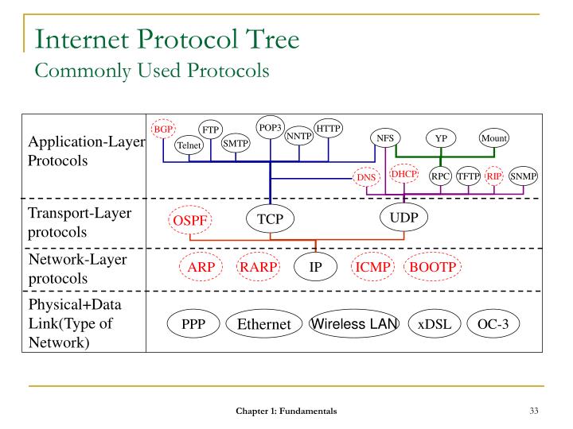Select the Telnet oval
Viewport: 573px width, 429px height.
click(189, 145)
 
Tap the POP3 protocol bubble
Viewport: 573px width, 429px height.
click(270, 127)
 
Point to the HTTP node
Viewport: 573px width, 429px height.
click(328, 128)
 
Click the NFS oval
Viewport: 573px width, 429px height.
click(385, 138)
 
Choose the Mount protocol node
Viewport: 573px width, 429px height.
click(493, 138)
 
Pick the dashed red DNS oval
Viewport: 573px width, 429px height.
click(366, 177)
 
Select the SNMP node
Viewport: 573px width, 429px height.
click(523, 176)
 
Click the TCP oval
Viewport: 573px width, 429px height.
click(271, 218)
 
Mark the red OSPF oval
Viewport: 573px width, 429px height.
click(189, 219)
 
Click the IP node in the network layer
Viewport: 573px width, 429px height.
click(316, 267)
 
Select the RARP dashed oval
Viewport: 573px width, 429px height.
click(259, 267)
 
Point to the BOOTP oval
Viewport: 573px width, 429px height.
click(432, 267)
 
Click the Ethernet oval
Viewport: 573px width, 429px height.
click(263, 323)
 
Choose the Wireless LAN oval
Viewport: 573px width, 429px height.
click(354, 323)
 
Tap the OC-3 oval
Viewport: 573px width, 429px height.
click(493, 323)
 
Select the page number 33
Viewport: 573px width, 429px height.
click(533, 411)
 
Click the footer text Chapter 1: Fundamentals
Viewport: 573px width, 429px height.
click(286, 411)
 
